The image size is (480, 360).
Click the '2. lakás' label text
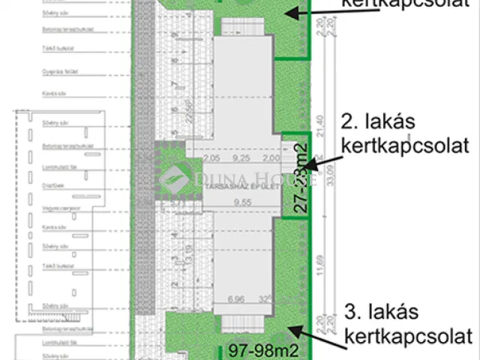[378, 121]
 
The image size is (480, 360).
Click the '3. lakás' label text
[382, 311]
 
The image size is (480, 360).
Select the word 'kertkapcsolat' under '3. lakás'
[408, 334]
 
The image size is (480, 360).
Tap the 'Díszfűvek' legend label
[51, 182]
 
